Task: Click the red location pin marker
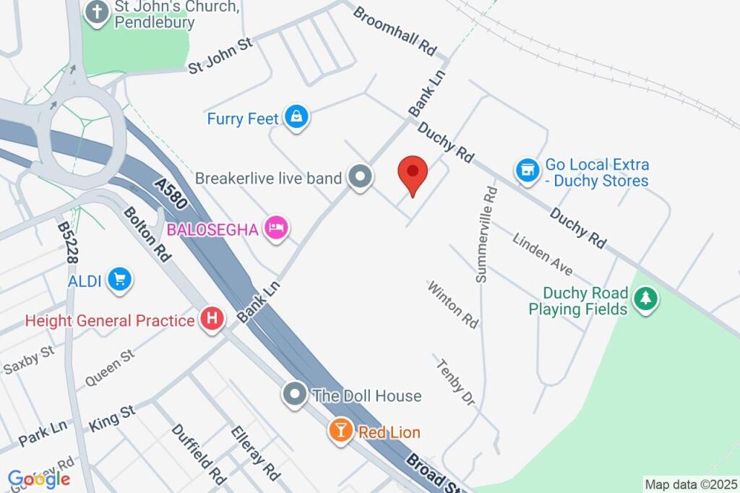point(413,174)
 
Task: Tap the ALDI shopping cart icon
point(119,280)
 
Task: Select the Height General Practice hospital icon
point(212,320)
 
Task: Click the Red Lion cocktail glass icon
point(340,431)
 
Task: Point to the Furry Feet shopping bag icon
point(296,118)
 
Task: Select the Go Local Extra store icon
point(528,171)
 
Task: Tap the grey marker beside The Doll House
point(294,395)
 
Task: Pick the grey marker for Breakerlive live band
point(359,177)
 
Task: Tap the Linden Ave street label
point(543,253)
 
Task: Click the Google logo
point(39,479)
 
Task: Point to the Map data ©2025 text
point(691,484)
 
